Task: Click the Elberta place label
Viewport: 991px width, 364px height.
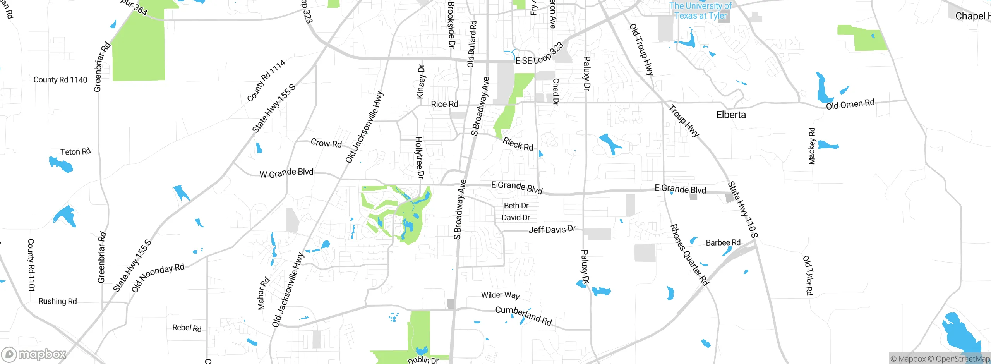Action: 731,115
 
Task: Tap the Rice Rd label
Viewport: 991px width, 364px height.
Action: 444,104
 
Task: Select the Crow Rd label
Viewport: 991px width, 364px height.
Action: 326,143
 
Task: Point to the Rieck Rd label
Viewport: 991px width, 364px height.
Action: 518,144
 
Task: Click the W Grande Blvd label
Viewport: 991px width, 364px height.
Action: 286,173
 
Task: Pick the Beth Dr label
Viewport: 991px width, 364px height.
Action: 516,206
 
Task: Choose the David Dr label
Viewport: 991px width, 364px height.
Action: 516,218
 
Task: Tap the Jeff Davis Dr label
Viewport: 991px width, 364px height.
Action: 552,230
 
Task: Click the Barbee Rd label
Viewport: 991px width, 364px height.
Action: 723,243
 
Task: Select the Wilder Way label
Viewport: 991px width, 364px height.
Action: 500,295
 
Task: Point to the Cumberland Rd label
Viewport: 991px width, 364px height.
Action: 524,316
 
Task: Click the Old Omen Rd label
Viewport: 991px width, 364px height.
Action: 850,104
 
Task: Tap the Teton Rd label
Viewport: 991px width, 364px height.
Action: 75,151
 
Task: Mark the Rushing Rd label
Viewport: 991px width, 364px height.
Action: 58,301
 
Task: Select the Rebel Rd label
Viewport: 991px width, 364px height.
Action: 187,328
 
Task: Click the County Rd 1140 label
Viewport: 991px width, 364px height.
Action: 60,80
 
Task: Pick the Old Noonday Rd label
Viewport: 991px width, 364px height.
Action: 158,278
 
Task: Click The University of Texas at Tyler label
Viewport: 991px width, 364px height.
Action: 701,11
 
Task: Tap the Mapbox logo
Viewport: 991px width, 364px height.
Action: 34,354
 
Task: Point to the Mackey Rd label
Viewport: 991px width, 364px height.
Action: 812,146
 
